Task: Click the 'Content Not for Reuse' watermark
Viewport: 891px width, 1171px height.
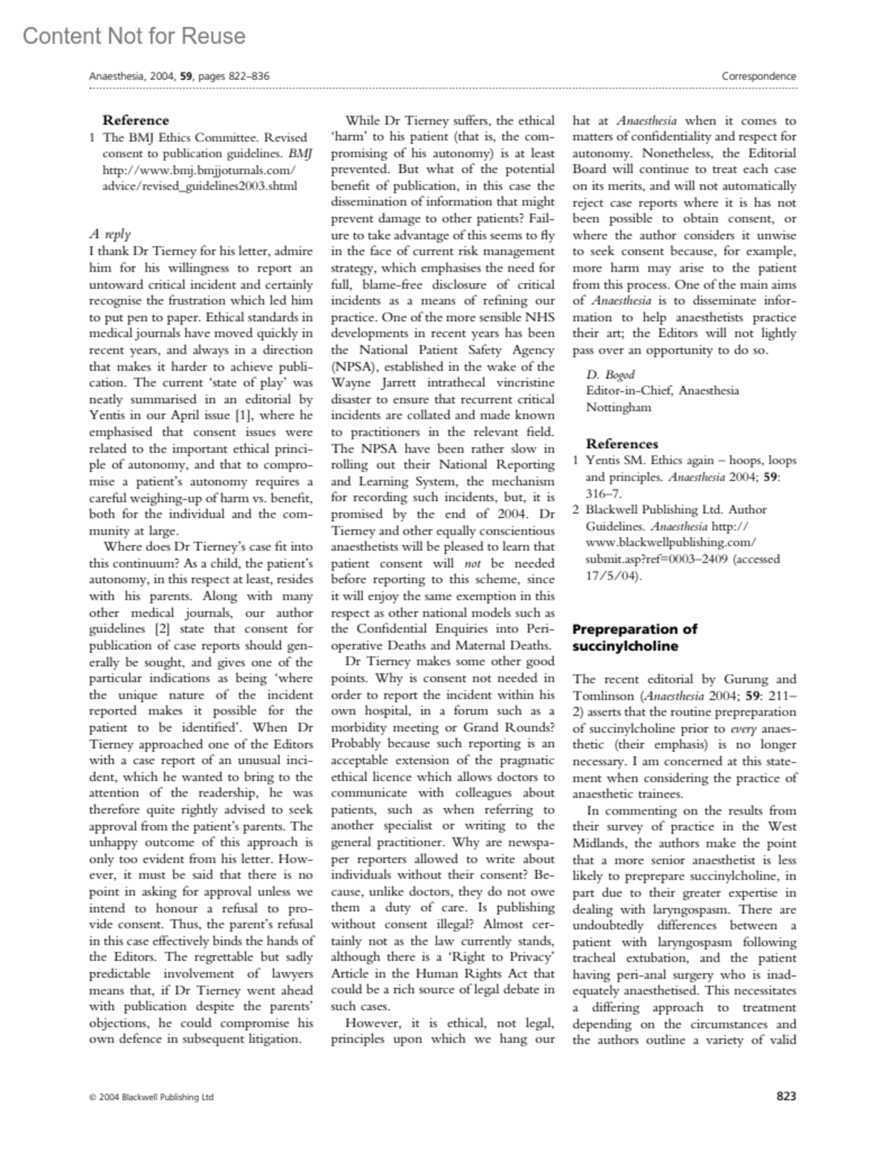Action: coord(134,36)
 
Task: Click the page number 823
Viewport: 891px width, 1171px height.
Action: coord(786,1095)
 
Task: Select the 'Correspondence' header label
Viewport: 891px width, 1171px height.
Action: coord(759,76)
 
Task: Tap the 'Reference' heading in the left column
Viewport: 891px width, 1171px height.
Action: coord(135,120)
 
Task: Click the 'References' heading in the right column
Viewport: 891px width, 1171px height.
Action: coord(621,443)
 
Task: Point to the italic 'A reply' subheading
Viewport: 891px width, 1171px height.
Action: coord(110,235)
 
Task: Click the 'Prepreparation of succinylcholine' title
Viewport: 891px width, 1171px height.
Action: coord(635,637)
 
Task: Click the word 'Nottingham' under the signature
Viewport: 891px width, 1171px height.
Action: coord(619,407)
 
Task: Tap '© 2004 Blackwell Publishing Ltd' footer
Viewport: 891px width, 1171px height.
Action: coord(151,1096)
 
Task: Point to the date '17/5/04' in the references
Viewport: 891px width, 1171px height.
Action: coord(610,575)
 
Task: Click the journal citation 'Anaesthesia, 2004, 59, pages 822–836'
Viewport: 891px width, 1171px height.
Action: coord(179,76)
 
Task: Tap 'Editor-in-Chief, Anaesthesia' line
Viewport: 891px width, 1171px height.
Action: coord(662,391)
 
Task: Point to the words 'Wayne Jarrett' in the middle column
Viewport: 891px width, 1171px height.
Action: coord(371,382)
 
